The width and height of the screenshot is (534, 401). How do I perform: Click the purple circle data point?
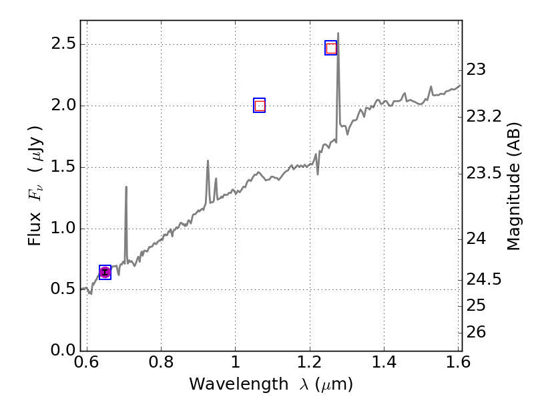[x=105, y=272]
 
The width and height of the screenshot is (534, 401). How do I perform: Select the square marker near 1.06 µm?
[x=260, y=106]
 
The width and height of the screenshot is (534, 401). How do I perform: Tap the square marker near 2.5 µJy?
[x=331, y=47]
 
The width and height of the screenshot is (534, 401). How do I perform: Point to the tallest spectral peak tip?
[x=338, y=33]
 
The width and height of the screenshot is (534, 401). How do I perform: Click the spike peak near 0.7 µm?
[x=126, y=188]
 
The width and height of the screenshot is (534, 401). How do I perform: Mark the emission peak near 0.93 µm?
[x=208, y=161]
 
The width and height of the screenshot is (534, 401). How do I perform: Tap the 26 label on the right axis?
[x=476, y=332]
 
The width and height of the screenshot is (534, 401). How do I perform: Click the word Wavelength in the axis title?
[x=230, y=385]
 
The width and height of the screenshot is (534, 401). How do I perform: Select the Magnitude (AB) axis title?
[x=513, y=186]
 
